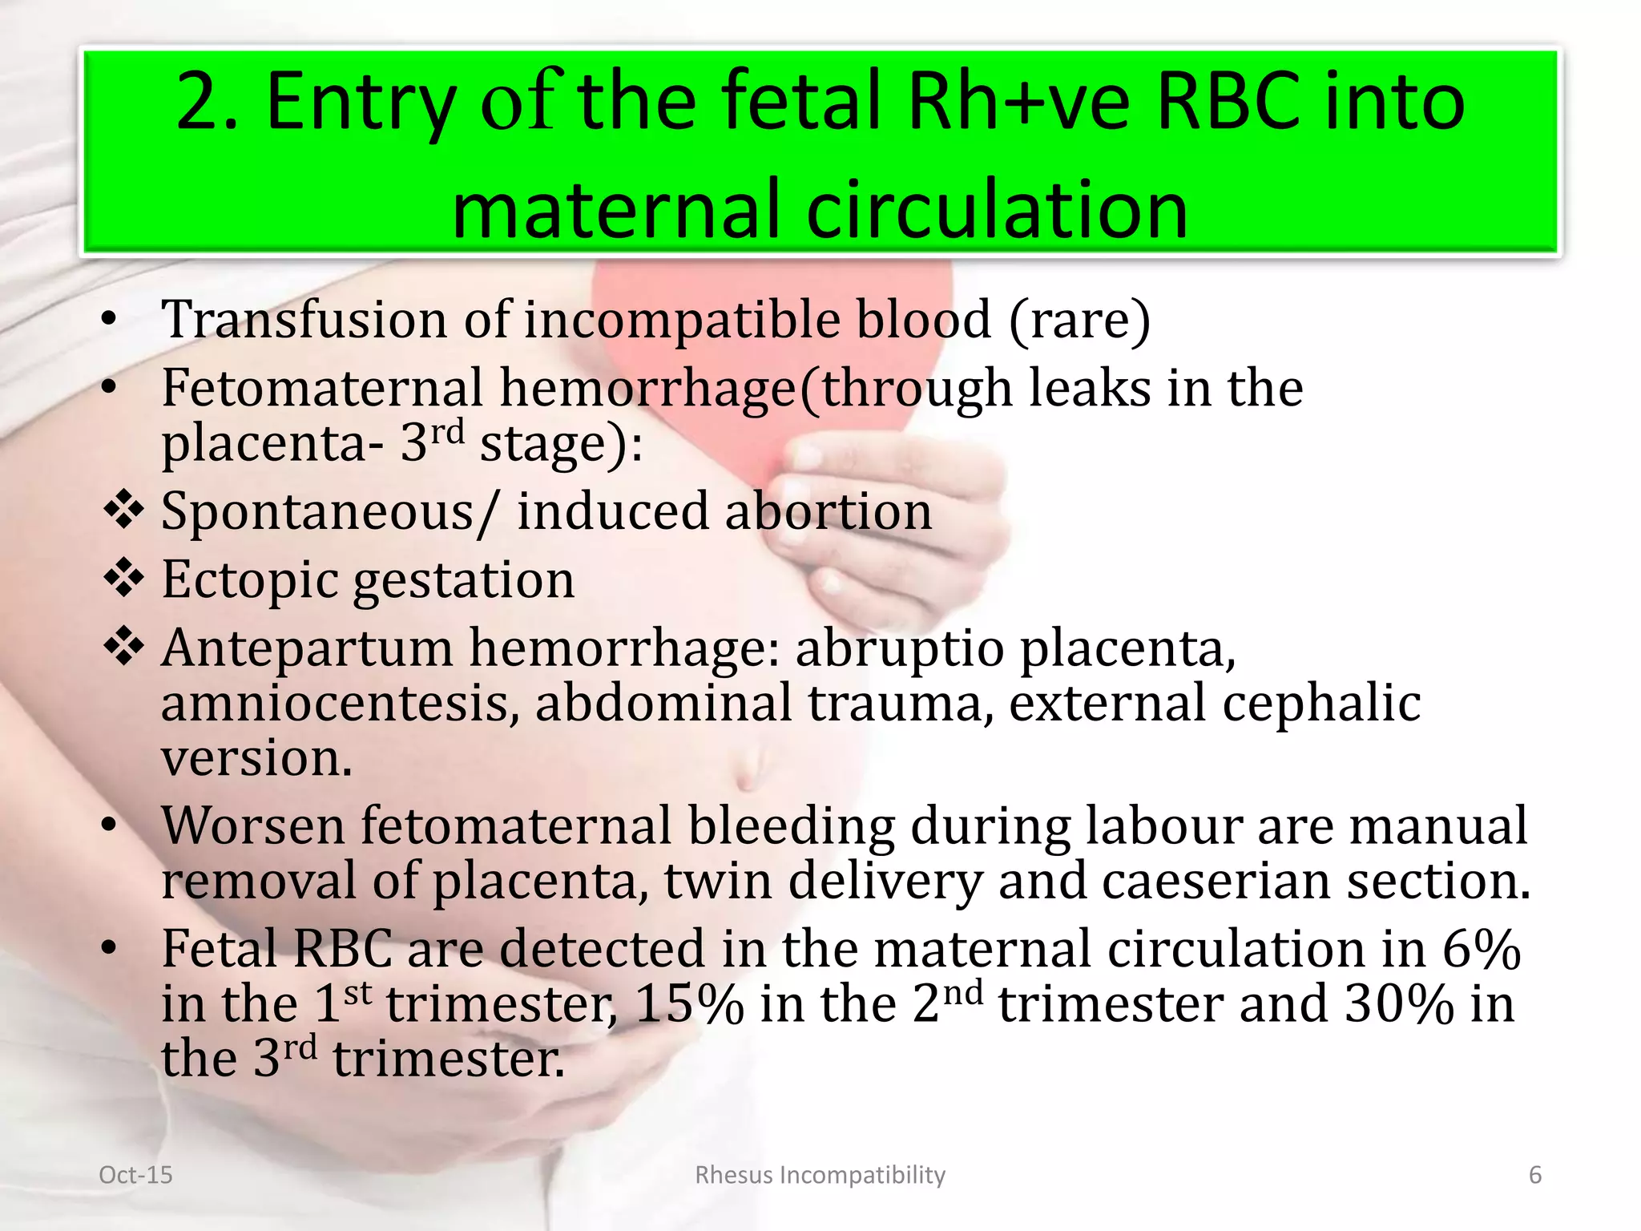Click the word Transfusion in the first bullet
pyautogui.click(x=304, y=319)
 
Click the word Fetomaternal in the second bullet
pyautogui.click(x=322, y=388)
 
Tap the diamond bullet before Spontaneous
pyautogui.click(x=124, y=511)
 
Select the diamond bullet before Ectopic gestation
pyautogui.click(x=124, y=579)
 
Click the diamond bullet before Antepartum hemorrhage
pyautogui.click(x=124, y=647)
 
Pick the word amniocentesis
pyautogui.click(x=335, y=703)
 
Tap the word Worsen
pyautogui.click(x=252, y=825)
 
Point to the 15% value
pyautogui.click(x=689, y=1004)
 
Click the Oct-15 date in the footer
pyautogui.click(x=135, y=1175)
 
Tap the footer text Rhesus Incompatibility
pyautogui.click(x=820, y=1175)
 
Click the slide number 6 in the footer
pyautogui.click(x=1535, y=1175)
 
